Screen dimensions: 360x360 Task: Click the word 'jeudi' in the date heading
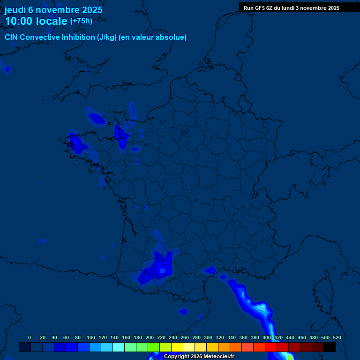point(15,10)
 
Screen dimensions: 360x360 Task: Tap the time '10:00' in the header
point(19,21)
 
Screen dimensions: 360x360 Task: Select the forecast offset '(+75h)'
point(81,21)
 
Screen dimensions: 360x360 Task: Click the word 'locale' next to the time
point(52,21)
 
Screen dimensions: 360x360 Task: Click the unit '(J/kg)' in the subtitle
point(107,37)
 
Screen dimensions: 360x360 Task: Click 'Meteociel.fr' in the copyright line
point(218,357)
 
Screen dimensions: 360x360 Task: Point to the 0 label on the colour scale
point(30,337)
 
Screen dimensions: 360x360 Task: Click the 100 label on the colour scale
point(91,337)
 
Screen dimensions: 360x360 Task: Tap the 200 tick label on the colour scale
point(150,337)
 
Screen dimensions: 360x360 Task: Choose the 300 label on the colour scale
point(208,337)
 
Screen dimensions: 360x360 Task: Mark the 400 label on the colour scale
point(267,337)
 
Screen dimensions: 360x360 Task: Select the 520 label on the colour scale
point(337,337)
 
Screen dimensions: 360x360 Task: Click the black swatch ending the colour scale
point(330,347)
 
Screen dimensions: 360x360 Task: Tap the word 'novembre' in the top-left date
point(57,10)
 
